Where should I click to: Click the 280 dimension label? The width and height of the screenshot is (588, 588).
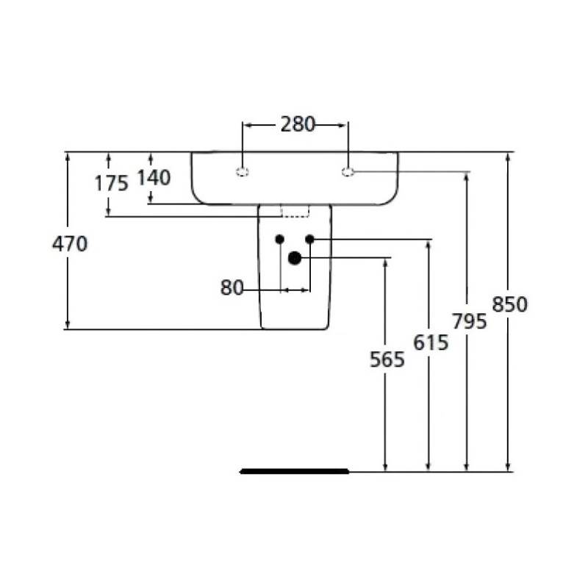(x=298, y=124)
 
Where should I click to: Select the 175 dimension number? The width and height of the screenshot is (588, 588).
(x=112, y=183)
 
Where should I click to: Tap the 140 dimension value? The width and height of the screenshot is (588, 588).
(x=154, y=178)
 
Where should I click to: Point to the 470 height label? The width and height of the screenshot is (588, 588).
(x=70, y=244)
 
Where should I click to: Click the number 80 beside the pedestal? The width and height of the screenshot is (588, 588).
(x=232, y=287)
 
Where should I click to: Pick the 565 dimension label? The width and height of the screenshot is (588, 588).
(x=387, y=359)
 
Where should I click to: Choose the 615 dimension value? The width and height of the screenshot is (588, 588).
(x=431, y=343)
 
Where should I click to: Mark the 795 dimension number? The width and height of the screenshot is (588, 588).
(x=470, y=321)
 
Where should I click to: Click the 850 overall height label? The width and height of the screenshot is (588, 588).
(x=509, y=304)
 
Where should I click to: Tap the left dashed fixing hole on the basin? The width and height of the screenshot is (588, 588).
(x=243, y=172)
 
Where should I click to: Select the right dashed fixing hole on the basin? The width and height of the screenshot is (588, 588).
(x=348, y=172)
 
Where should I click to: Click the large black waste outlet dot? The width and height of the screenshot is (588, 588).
(x=295, y=258)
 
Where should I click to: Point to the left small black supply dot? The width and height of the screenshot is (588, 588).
(x=280, y=239)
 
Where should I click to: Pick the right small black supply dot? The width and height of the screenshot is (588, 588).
(x=309, y=239)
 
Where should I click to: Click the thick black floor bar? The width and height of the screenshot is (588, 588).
(x=295, y=471)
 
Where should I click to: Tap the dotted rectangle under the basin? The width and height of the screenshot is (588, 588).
(x=295, y=211)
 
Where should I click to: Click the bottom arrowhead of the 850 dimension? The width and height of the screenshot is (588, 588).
(x=508, y=466)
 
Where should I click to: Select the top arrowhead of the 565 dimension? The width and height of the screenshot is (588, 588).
(x=385, y=264)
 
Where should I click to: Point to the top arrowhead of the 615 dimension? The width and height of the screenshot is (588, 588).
(x=429, y=245)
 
